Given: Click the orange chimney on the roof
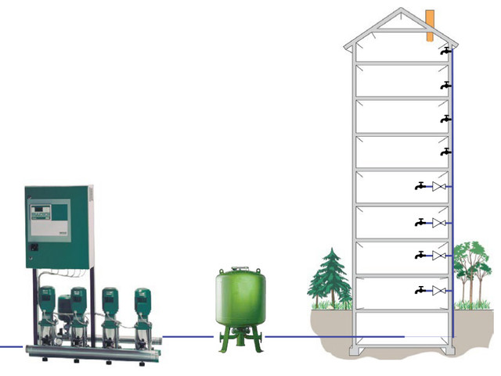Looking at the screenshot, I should [430, 24].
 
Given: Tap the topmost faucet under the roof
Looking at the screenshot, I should [445, 51].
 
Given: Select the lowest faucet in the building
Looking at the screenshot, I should [420, 290].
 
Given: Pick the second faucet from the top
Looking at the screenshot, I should [445, 84].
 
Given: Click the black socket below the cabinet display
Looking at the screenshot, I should [34, 249].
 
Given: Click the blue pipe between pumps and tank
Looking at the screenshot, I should [188, 337].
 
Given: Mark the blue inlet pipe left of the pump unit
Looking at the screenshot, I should [11, 346].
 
